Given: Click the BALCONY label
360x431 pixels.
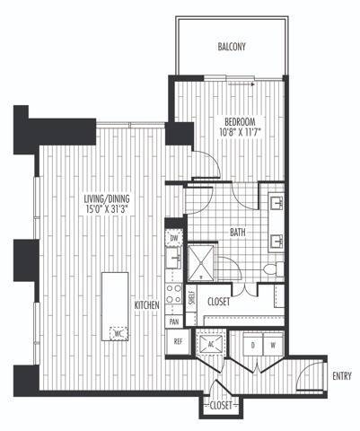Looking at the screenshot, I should (232, 47).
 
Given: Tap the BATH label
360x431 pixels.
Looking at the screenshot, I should (238, 233).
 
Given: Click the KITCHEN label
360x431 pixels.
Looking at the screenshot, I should (147, 305).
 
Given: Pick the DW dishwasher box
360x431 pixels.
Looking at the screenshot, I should (174, 239).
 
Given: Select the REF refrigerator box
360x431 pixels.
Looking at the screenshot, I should (177, 341).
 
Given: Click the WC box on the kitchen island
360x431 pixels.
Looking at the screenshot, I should (117, 332).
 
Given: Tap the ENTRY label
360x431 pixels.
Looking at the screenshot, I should (340, 375).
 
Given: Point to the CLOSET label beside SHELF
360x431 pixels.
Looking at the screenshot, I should (219, 302).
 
